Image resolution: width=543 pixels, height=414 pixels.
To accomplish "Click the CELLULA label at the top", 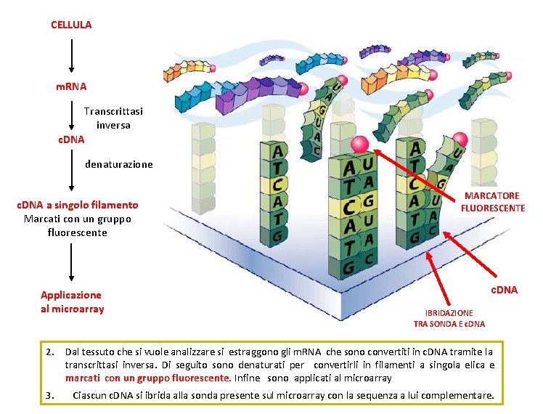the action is [x=71, y=25].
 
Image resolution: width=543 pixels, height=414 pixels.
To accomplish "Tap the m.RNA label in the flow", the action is [x=71, y=86].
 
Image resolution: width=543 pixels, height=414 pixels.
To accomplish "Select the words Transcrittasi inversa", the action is [x=113, y=118].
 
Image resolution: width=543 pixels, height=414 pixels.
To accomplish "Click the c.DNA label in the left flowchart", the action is [x=71, y=139].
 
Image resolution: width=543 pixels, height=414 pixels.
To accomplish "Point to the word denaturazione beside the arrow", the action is [x=119, y=164].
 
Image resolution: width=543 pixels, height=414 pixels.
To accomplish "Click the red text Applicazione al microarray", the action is [x=71, y=302].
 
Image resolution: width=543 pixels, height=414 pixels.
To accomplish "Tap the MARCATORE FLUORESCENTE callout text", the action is [x=492, y=202].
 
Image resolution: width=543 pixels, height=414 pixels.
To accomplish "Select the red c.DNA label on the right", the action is [x=502, y=291].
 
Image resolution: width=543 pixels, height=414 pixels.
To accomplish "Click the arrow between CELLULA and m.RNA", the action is [x=71, y=55].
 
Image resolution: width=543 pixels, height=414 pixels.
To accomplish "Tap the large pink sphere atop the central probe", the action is [x=359, y=145].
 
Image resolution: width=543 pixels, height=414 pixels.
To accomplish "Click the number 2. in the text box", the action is [x=50, y=352].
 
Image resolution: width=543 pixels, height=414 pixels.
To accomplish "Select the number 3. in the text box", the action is [x=50, y=396].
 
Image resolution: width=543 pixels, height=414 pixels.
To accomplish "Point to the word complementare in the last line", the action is [x=459, y=396].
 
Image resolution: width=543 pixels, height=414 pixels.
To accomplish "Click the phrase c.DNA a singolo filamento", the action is [x=77, y=206].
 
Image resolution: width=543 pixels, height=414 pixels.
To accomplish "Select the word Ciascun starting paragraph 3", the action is [x=91, y=396].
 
